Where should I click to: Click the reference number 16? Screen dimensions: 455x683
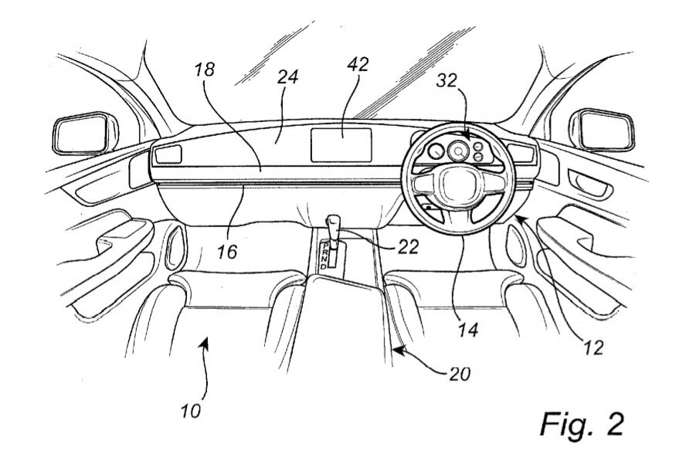226,251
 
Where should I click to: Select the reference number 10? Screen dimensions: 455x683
191,410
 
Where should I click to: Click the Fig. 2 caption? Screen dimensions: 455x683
582,423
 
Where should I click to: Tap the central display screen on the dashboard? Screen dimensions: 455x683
341,145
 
